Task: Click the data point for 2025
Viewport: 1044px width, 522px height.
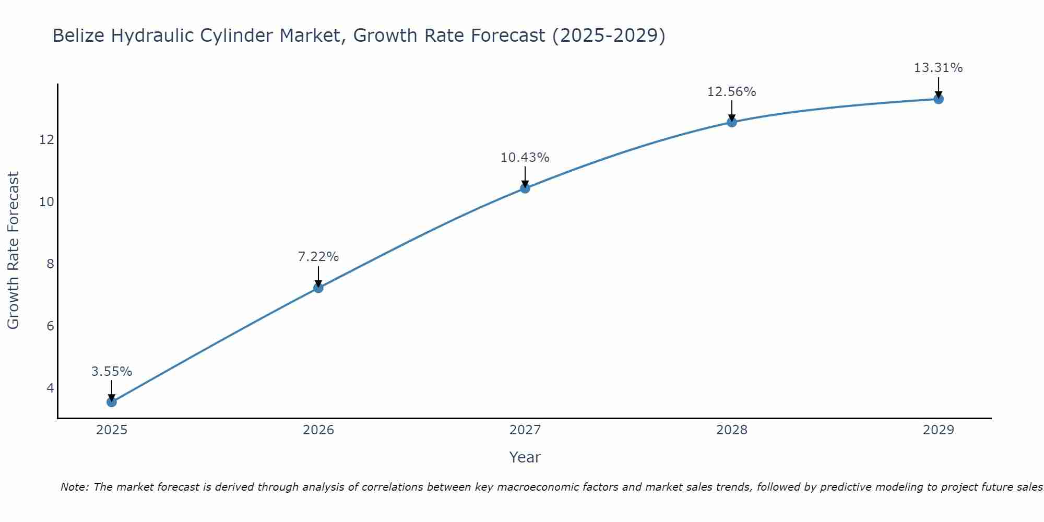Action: (x=112, y=402)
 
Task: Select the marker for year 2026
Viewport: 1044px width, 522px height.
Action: (x=318, y=288)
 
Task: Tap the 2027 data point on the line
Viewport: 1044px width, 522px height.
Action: (x=525, y=188)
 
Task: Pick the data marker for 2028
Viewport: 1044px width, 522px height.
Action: (x=732, y=122)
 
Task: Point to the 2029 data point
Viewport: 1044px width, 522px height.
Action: (x=939, y=99)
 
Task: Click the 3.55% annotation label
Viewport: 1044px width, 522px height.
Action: (x=112, y=372)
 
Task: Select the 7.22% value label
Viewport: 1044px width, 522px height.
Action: (x=318, y=257)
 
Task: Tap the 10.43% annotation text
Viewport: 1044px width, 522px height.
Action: (x=525, y=158)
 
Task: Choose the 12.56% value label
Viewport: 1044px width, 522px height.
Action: (x=732, y=92)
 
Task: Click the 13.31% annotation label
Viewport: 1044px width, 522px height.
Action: (x=939, y=68)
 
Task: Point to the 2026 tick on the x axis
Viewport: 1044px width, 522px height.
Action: (x=318, y=430)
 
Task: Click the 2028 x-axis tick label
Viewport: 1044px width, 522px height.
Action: (x=732, y=430)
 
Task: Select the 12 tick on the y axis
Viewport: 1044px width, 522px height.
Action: (x=46, y=140)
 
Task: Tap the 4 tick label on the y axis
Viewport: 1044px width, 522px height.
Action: (x=50, y=388)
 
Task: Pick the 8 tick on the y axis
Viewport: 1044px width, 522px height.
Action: (x=50, y=264)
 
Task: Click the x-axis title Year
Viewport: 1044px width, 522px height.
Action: (x=525, y=457)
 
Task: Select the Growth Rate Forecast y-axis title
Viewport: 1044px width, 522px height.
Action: (x=13, y=251)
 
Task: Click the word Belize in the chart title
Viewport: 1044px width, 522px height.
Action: (x=78, y=35)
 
